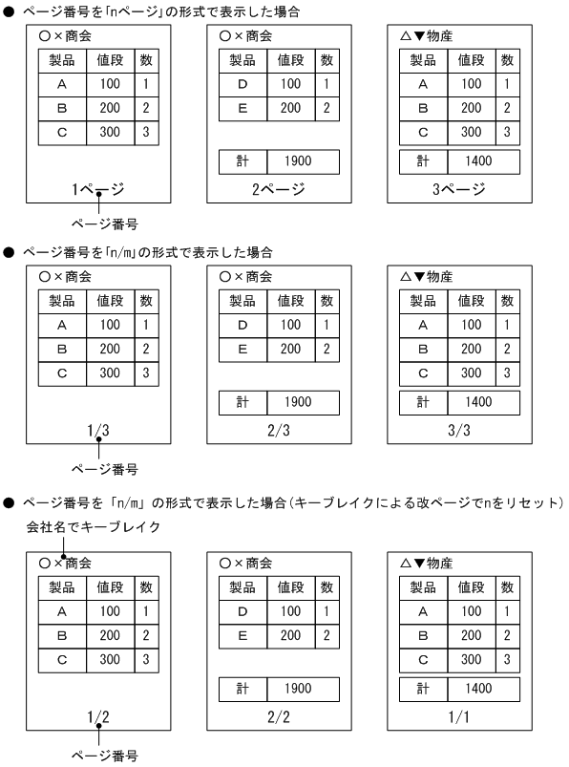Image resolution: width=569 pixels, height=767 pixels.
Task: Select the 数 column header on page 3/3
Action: pyautogui.click(x=507, y=301)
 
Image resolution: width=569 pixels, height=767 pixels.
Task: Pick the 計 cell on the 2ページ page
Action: pyautogui.click(x=242, y=162)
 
